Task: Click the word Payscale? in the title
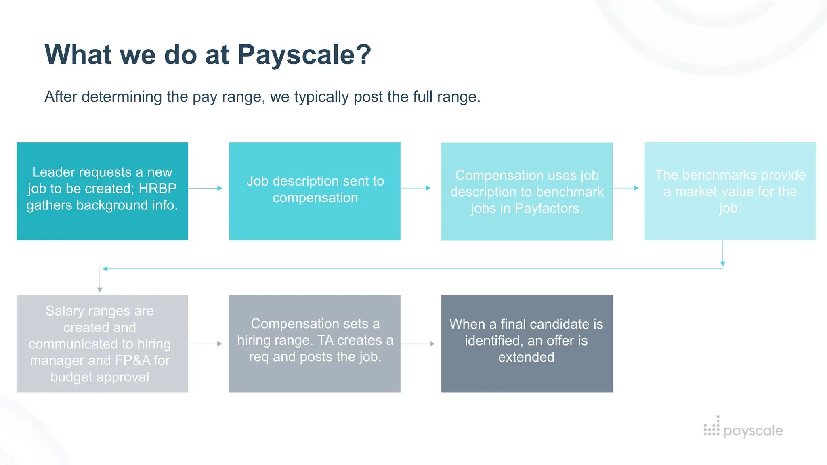tap(304, 55)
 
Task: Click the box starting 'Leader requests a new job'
tap(102, 191)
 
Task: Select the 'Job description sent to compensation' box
tap(315, 191)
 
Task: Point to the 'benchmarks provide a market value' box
tap(730, 191)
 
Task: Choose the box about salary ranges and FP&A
tap(102, 344)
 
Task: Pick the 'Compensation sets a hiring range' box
tap(315, 344)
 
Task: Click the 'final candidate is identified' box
tap(527, 344)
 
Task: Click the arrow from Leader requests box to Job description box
tap(206, 188)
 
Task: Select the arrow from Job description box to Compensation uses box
tap(416, 188)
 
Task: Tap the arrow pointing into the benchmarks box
tap(625, 188)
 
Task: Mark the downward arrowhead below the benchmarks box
tap(723, 264)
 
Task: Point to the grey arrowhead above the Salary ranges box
tap(100, 290)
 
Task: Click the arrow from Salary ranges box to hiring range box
tap(206, 344)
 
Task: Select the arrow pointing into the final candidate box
tap(418, 344)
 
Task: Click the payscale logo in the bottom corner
tap(743, 429)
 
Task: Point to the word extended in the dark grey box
tap(526, 357)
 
